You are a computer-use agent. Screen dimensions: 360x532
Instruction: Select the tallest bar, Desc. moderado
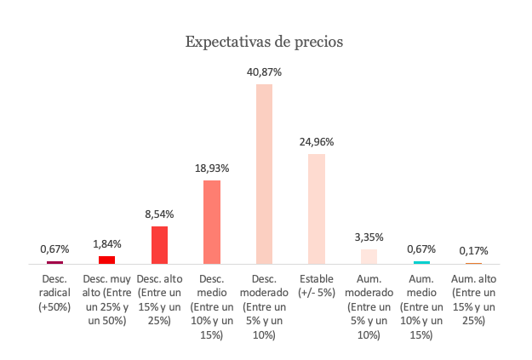pos(264,174)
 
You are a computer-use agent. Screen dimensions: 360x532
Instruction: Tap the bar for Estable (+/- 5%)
pos(317,209)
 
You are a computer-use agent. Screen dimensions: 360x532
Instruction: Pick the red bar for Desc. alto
pos(159,245)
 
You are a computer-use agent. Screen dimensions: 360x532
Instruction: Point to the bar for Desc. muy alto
pos(106,260)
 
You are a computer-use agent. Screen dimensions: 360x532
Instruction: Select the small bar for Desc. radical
pos(54,263)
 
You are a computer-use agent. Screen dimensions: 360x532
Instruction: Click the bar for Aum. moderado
pos(369,256)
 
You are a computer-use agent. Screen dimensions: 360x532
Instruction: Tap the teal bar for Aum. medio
pos(421,262)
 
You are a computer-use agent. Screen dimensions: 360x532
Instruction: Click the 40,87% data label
pos(264,73)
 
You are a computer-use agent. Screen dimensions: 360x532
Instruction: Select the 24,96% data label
pos(317,142)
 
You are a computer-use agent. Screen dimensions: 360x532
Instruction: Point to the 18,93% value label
pos(212,169)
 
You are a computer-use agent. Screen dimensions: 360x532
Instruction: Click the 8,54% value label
pos(159,214)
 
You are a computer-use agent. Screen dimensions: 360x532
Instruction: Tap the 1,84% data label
pos(106,244)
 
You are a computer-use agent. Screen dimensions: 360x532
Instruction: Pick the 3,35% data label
pos(369,237)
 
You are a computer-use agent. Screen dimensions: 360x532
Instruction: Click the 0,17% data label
pos(473,252)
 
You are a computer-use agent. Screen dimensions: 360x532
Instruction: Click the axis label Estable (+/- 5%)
pos(317,285)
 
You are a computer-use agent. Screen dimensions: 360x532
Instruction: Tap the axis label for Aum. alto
pos(473,299)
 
